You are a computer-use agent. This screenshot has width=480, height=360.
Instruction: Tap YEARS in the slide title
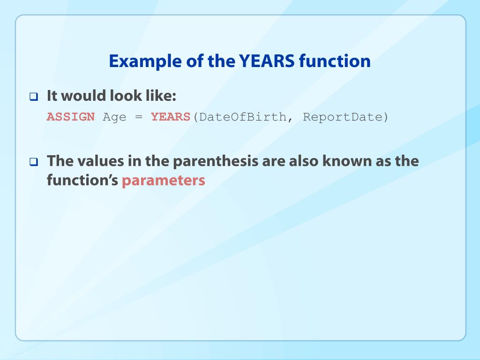click(267, 61)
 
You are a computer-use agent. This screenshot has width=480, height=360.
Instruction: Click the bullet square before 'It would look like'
click(34, 97)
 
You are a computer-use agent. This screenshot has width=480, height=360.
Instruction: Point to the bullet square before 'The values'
click(34, 162)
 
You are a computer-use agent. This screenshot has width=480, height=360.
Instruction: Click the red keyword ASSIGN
click(71, 117)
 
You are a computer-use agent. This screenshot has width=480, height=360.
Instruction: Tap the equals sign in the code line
click(139, 117)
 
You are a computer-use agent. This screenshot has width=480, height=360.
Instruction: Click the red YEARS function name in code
click(171, 117)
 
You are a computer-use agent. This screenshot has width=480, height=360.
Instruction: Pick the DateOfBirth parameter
click(242, 117)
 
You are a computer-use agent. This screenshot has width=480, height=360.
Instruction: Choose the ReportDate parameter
click(343, 117)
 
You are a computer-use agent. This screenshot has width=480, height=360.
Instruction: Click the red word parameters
click(164, 180)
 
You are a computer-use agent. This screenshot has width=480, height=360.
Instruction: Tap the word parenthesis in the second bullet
click(216, 162)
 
